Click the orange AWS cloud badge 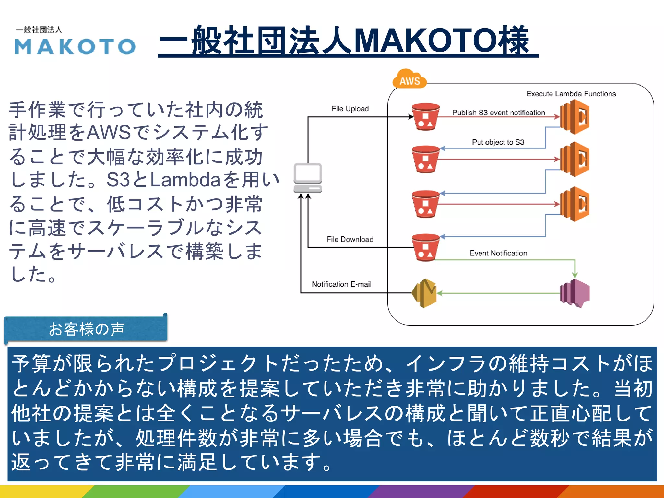(409, 79)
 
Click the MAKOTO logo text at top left (75, 46)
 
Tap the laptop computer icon (308, 178)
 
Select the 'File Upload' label (350, 109)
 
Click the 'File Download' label (350, 239)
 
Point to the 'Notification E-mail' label (341, 284)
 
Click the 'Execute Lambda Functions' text (571, 94)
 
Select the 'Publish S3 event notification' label (498, 113)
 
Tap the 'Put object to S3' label (498, 142)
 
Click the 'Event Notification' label (498, 253)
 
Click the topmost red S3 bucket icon (425, 117)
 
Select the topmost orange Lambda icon (575, 117)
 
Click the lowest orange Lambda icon (575, 204)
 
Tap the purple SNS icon (575, 293)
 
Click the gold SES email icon (424, 293)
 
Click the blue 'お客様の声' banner (86, 329)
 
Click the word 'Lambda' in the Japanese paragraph (185, 180)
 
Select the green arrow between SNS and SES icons (499, 293)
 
